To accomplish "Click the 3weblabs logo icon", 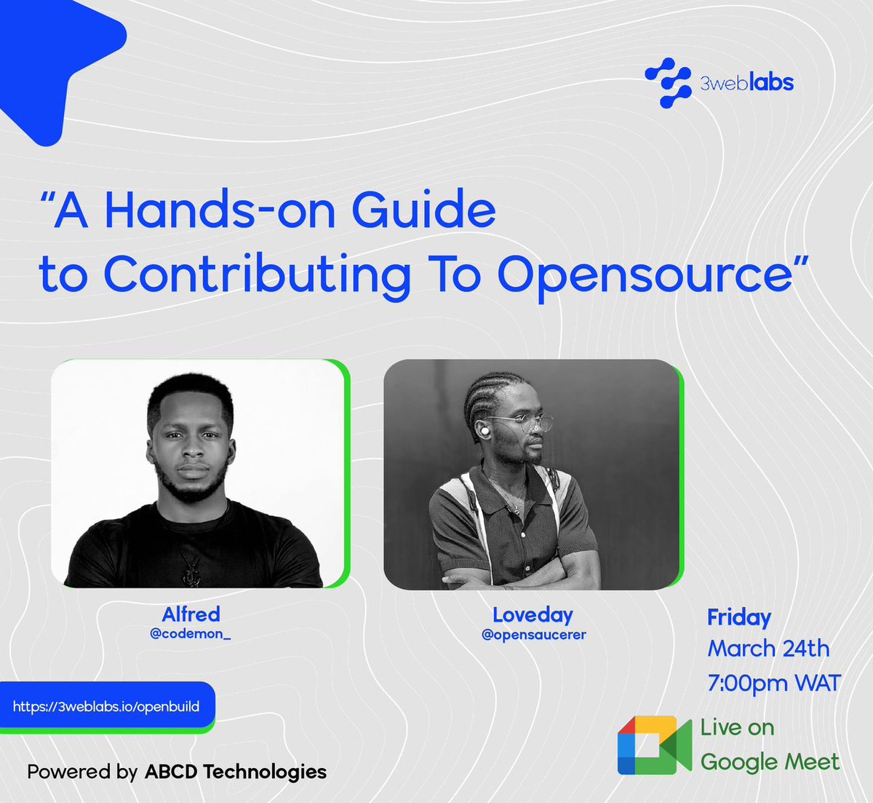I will (x=668, y=82).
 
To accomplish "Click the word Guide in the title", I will (x=423, y=211).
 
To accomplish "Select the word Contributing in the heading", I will (x=257, y=275).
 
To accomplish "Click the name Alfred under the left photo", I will (x=191, y=614).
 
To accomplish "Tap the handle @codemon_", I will (x=190, y=633).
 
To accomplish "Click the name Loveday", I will (x=533, y=615).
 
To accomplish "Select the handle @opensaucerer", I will (x=533, y=635).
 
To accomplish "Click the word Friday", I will (x=738, y=617).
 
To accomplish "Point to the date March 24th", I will (x=768, y=648).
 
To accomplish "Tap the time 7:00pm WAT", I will (x=774, y=683).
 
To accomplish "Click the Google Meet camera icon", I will (x=654, y=745).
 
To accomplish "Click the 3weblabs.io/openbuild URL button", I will (x=106, y=706).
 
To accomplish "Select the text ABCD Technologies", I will (x=236, y=772).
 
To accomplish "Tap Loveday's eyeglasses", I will (x=522, y=423).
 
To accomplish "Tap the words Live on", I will (x=737, y=727).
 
